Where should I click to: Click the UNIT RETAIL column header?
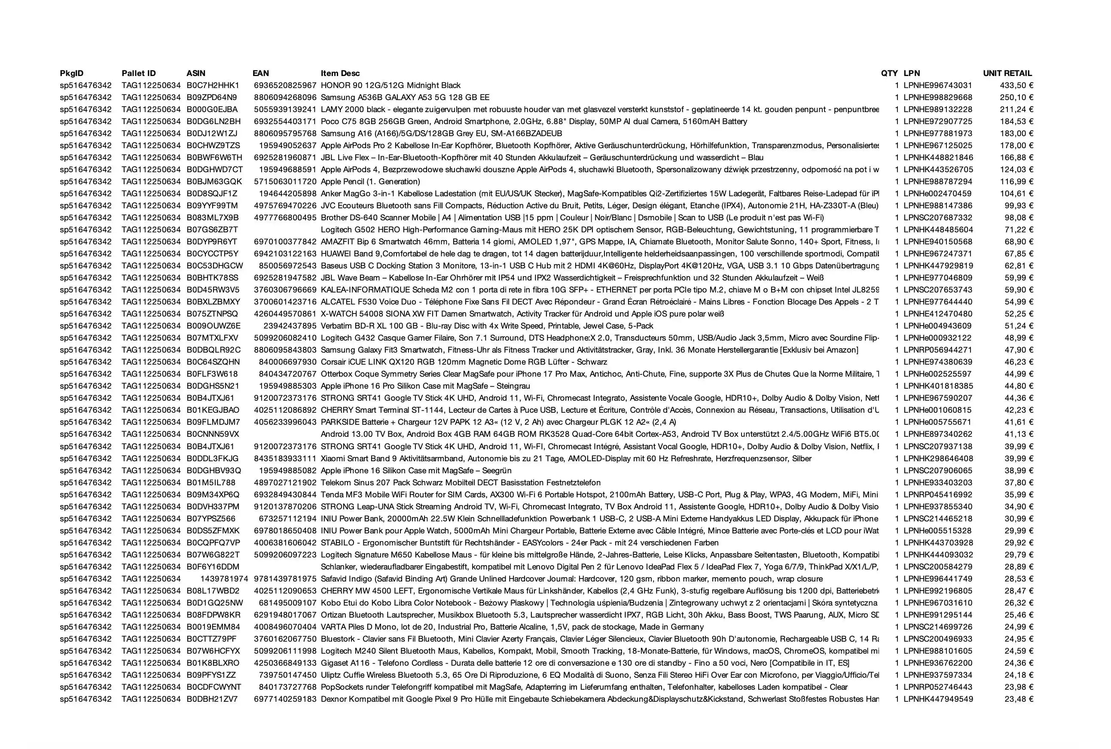pyautogui.click(x=1007, y=73)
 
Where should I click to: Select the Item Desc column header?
pyautogui.click(x=340, y=73)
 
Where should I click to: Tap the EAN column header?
pyautogui.click(x=260, y=73)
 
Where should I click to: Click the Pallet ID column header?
pyautogui.click(x=139, y=73)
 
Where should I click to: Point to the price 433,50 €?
pyautogui.click(x=1016, y=85)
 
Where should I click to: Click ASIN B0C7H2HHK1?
pyautogui.click(x=213, y=85)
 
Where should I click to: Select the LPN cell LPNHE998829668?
pyautogui.click(x=937, y=97)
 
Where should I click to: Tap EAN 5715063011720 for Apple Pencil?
pyautogui.click(x=285, y=182)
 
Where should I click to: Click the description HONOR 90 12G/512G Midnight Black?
pyautogui.click(x=391, y=85)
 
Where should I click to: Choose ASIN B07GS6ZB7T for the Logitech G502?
pyautogui.click(x=212, y=230)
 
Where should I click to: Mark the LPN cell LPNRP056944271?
pyautogui.click(x=937, y=350)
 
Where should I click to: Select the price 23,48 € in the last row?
pyautogui.click(x=1019, y=699)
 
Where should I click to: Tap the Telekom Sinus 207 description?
pyautogui.click(x=461, y=482)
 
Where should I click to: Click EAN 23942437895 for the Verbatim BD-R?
pyautogui.click(x=290, y=326)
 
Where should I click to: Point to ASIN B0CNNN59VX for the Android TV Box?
pyautogui.click(x=213, y=434)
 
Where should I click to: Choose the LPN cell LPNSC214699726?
pyautogui.click(x=937, y=627)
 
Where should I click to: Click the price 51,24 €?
pyautogui.click(x=1019, y=326)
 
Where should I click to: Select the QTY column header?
pyautogui.click(x=889, y=73)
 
